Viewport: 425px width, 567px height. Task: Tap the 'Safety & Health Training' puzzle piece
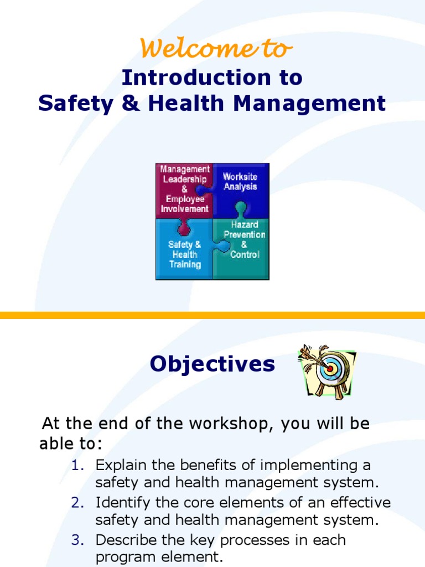(x=184, y=254)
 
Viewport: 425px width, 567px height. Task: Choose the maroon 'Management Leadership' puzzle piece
(x=184, y=189)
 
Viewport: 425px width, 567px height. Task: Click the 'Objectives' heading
(x=212, y=364)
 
